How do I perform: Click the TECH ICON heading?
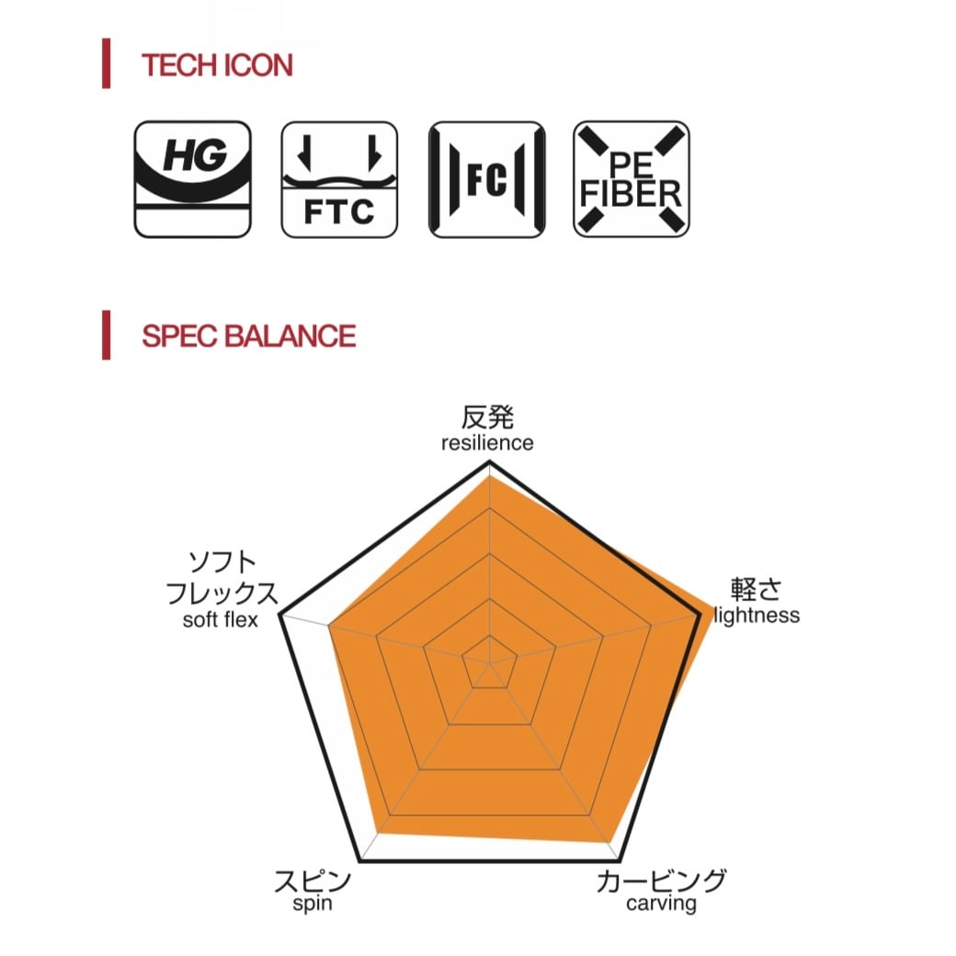click(x=217, y=65)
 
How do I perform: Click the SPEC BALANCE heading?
click(x=248, y=336)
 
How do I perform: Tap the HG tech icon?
click(x=192, y=178)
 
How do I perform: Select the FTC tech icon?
click(x=339, y=178)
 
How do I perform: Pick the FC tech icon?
click(x=486, y=178)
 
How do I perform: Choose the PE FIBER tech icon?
click(x=632, y=178)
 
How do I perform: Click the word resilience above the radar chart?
click(x=486, y=443)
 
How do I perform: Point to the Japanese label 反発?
click(x=487, y=417)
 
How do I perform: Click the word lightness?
click(x=757, y=615)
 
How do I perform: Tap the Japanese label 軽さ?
click(x=756, y=589)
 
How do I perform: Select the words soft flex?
click(x=220, y=620)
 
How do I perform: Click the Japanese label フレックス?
click(x=222, y=593)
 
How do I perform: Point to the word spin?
click(x=313, y=904)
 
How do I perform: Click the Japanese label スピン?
click(x=313, y=880)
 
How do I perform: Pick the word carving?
click(x=661, y=904)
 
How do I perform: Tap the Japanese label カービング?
click(x=661, y=880)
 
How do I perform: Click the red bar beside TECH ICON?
click(x=107, y=63)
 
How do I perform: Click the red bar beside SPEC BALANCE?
click(x=107, y=335)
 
